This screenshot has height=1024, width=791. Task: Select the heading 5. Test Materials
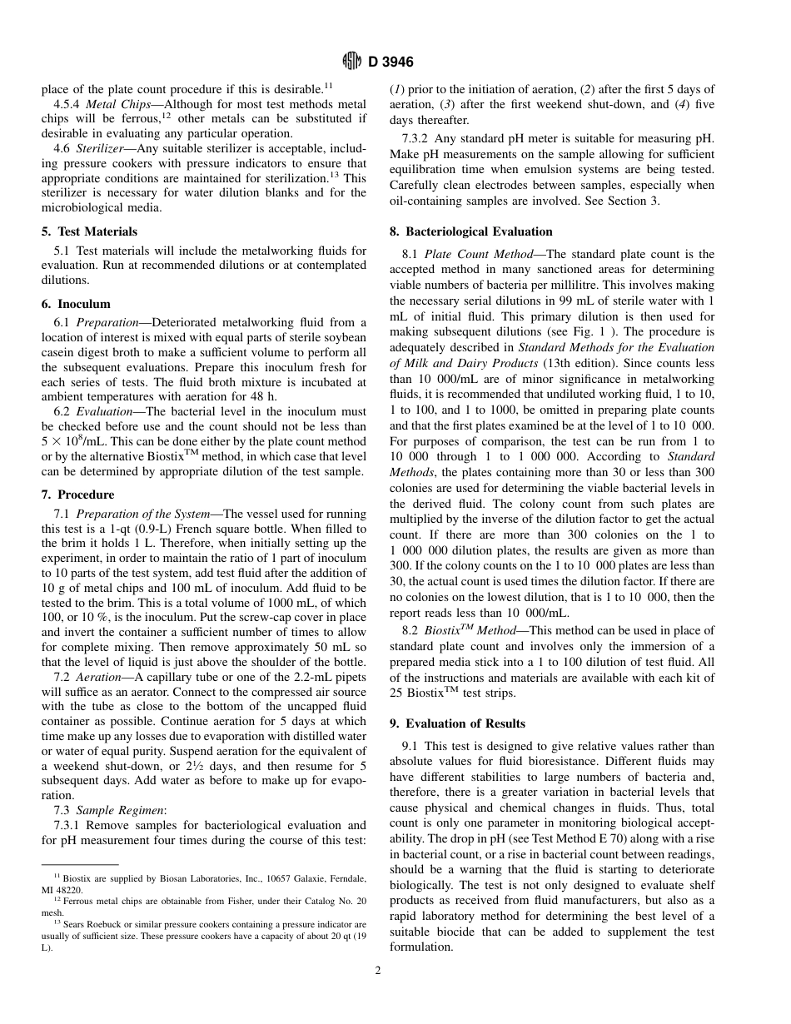pyautogui.click(x=89, y=231)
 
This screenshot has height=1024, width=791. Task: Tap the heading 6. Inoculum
pyautogui.click(x=76, y=304)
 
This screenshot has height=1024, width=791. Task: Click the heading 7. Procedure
pyautogui.click(x=78, y=495)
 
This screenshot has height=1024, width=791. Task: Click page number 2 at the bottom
pyautogui.click(x=377, y=969)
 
